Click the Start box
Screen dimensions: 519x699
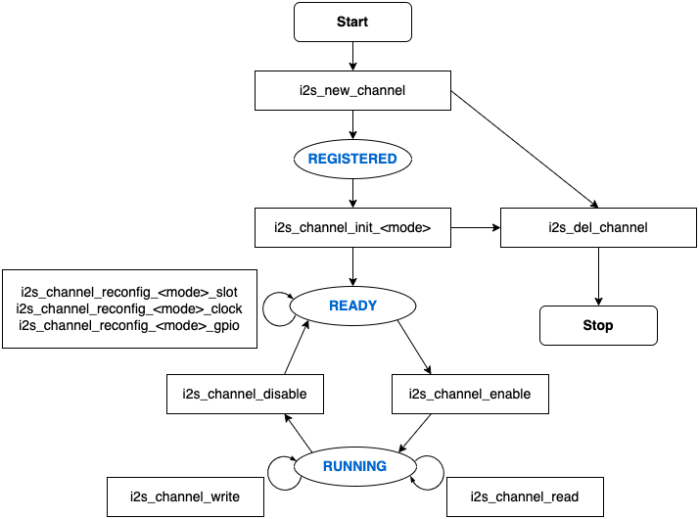click(352, 22)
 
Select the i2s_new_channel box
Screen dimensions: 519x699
click(352, 90)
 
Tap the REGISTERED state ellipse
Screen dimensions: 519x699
click(352, 159)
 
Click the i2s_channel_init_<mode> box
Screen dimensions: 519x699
click(352, 228)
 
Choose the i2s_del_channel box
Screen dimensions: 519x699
click(598, 228)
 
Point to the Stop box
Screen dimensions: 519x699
click(598, 325)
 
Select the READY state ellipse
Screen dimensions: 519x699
click(352, 306)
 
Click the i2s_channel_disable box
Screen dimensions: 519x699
click(245, 394)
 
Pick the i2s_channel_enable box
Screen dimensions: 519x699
click(469, 394)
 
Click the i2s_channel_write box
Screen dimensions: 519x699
click(186, 496)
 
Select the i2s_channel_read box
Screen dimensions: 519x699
click(524, 496)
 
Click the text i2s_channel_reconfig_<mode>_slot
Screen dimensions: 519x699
click(129, 293)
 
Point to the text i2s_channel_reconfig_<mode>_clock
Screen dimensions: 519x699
click(129, 308)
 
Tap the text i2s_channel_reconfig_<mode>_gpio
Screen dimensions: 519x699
click(129, 324)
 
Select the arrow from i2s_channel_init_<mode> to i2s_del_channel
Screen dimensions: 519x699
click(475, 228)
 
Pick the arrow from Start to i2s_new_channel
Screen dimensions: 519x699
click(352, 56)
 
